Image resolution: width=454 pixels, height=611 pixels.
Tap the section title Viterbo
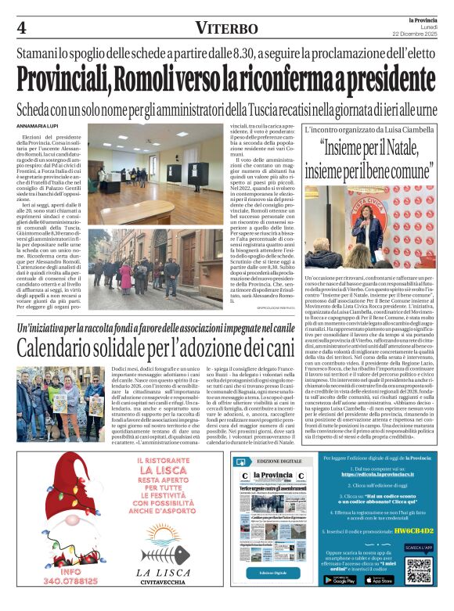pyautogui.click(x=227, y=28)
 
